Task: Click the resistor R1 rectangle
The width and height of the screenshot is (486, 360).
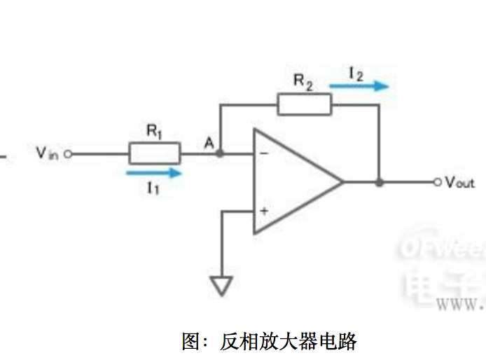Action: [155, 153]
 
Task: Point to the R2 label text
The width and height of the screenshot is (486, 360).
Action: [303, 82]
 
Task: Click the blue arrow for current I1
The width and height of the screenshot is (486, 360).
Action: [154, 171]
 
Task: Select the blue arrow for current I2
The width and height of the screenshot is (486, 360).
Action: [359, 87]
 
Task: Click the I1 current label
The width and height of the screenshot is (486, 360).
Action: [153, 187]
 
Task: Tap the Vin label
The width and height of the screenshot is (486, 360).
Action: [49, 153]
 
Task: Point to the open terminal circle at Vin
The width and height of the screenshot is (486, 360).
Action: [68, 153]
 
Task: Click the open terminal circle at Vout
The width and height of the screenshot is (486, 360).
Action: [438, 182]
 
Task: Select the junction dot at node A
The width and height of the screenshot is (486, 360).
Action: [221, 153]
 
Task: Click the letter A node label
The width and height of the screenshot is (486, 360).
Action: [208, 143]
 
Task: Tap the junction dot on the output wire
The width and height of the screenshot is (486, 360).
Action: [379, 182]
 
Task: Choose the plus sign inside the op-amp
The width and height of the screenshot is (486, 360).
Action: [265, 211]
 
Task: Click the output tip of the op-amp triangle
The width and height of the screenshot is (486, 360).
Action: [342, 182]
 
